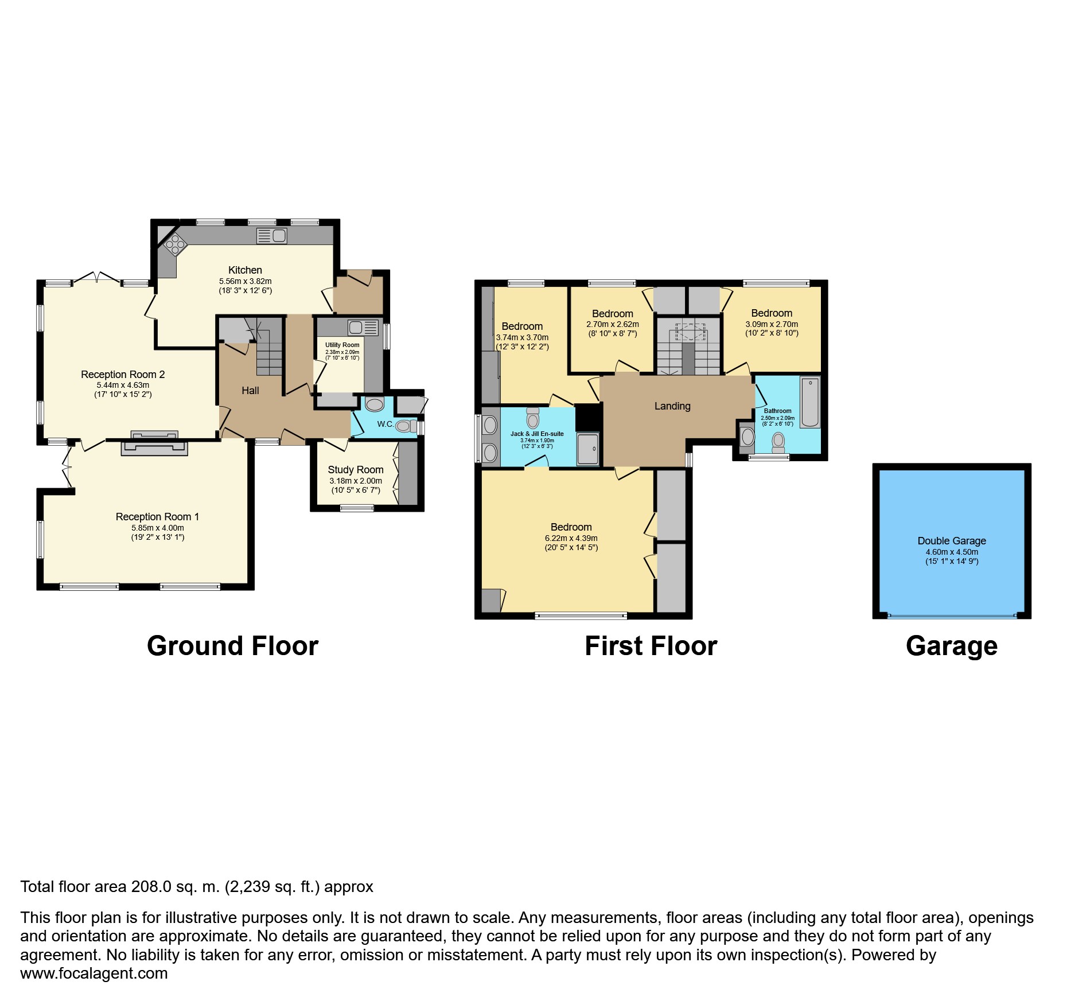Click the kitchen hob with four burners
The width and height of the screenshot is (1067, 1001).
click(176, 246)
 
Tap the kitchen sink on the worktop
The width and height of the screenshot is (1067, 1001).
click(272, 236)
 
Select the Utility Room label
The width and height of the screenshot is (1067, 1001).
click(342, 345)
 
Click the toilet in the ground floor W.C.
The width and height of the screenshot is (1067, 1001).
click(405, 426)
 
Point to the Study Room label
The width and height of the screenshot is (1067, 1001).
click(355, 470)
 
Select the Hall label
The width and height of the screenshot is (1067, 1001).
click(250, 391)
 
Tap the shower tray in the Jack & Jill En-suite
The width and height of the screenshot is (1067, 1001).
click(587, 449)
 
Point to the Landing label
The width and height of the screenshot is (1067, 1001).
click(672, 406)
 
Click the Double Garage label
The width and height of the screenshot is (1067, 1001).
click(951, 540)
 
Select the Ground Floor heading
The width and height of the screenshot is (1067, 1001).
click(232, 646)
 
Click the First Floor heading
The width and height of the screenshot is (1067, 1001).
click(651, 646)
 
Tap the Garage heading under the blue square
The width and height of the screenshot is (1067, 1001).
click(951, 646)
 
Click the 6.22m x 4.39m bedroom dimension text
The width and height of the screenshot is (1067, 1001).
click(571, 538)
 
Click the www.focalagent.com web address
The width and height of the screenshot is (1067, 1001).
click(94, 973)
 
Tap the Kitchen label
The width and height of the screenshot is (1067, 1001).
click(245, 270)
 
